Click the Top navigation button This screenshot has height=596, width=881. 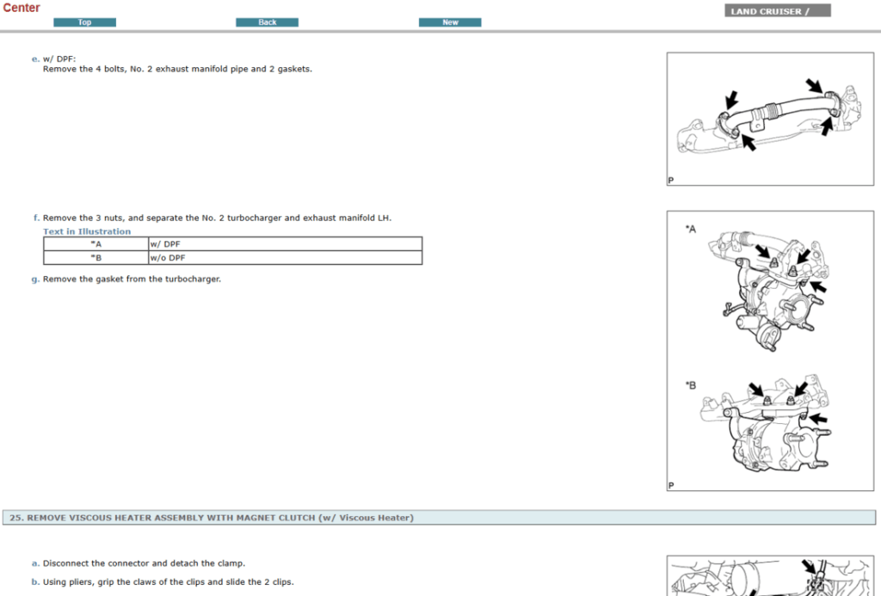pyautogui.click(x=84, y=22)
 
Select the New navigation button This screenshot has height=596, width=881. pyautogui.click(x=450, y=22)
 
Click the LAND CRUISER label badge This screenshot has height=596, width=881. pyautogui.click(x=778, y=11)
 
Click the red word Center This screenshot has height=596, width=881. pyautogui.click(x=22, y=8)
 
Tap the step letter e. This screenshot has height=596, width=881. pyautogui.click(x=35, y=58)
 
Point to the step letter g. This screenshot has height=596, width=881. pyautogui.click(x=35, y=279)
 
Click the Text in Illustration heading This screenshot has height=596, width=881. pyautogui.click(x=87, y=231)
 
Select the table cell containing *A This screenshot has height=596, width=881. pyautogui.click(x=95, y=244)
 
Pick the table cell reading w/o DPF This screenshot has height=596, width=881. pyautogui.click(x=284, y=258)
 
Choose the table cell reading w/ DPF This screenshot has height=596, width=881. pyautogui.click(x=284, y=244)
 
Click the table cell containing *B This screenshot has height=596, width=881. pyautogui.click(x=95, y=258)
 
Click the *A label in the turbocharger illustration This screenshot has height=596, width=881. pyautogui.click(x=690, y=229)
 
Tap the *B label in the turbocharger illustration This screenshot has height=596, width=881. pyautogui.click(x=690, y=384)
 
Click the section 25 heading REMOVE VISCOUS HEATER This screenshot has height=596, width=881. pyautogui.click(x=212, y=518)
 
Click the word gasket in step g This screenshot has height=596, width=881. pyautogui.click(x=109, y=279)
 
